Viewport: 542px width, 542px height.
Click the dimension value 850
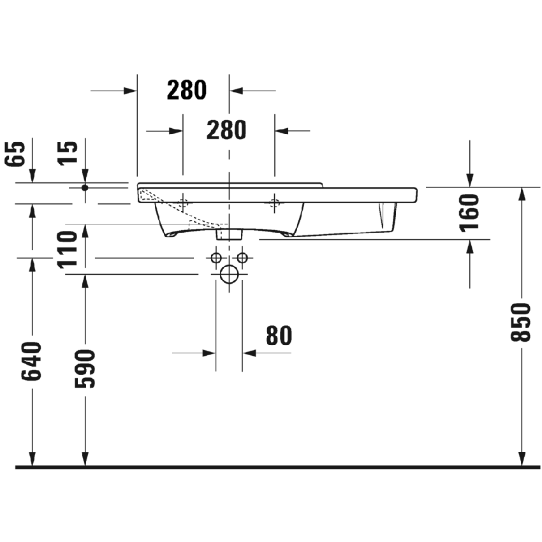click(x=521, y=322)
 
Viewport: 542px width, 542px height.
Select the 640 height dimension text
click(x=31, y=361)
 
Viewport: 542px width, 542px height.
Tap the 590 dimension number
click(x=85, y=369)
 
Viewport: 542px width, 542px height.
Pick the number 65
click(x=17, y=153)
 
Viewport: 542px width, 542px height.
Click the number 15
click(x=70, y=153)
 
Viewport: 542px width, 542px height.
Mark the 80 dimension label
click(x=279, y=335)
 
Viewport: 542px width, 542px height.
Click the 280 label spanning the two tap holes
click(x=226, y=130)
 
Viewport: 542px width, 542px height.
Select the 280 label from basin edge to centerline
click(x=187, y=91)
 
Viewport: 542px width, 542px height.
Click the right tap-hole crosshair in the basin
click(x=275, y=203)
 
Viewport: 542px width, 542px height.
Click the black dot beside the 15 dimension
click(x=85, y=187)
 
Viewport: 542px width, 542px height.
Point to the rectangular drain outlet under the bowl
click(x=229, y=234)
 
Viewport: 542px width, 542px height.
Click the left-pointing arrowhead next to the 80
click(x=249, y=353)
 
